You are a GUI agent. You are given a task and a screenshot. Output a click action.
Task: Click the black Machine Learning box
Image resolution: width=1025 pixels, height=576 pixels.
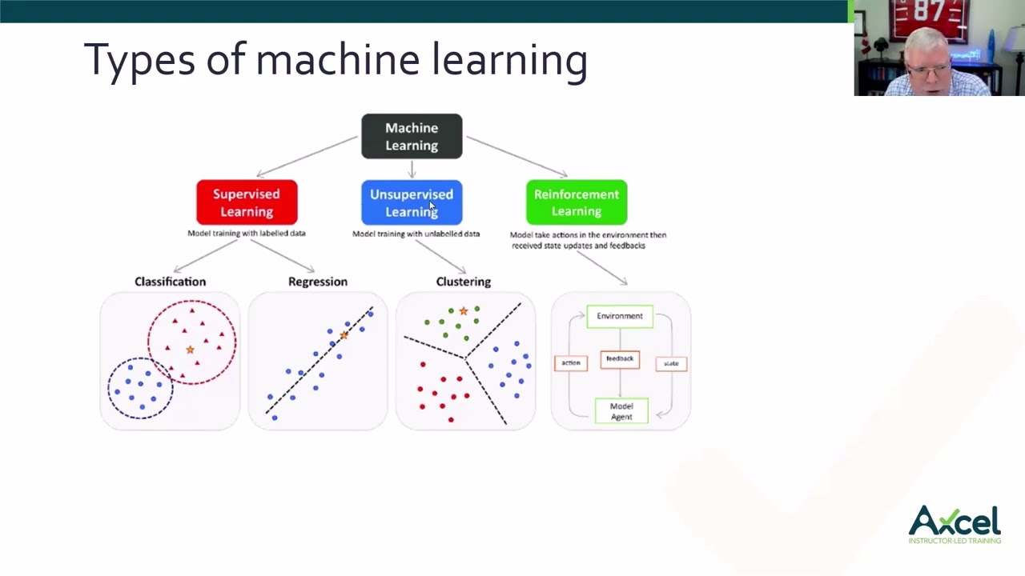coord(412,137)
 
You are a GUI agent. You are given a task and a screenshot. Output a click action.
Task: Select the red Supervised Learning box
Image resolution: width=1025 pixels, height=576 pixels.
coord(247,202)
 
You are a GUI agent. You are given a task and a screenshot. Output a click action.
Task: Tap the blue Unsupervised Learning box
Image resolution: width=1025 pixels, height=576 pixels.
coord(412,202)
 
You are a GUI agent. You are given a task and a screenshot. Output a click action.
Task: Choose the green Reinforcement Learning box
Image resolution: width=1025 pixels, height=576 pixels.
coord(577,202)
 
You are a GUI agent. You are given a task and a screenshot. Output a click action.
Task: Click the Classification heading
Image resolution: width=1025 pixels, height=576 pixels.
coord(170,282)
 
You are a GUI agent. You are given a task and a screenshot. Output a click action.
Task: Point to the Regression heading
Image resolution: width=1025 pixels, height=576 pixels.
coord(318,282)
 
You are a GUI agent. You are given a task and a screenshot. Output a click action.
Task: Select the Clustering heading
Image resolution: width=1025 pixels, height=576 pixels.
coord(464,282)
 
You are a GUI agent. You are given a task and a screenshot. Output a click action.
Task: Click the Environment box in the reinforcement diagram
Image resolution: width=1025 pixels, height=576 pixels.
coord(620,316)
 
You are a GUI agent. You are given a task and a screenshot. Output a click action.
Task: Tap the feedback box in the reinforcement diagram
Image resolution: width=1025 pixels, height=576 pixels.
coord(620,359)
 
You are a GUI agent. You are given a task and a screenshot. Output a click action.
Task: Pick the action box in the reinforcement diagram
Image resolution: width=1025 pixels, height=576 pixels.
coord(571,363)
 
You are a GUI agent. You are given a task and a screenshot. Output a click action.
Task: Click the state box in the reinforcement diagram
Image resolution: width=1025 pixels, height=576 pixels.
coord(671,364)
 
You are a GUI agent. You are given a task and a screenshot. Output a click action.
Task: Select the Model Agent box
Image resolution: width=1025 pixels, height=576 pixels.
coord(621,411)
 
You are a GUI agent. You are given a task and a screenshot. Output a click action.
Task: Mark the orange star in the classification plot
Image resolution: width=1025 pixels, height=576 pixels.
coord(190,350)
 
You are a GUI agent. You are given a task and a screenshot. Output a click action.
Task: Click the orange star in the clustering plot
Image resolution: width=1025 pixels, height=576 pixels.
coord(463,311)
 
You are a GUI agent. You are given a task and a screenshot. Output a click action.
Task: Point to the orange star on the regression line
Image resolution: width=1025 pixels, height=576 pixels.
coord(344,335)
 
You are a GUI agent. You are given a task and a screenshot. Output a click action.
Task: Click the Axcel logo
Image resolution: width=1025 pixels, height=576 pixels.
coord(955,524)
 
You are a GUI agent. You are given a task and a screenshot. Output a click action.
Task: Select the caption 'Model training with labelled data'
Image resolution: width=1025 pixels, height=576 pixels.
coord(247,234)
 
